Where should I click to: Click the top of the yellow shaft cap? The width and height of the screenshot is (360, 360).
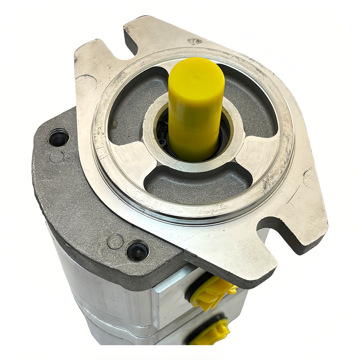click(196, 75)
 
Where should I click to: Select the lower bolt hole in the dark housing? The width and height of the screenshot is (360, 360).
click(137, 250)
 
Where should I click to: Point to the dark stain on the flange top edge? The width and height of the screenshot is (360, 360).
click(194, 42)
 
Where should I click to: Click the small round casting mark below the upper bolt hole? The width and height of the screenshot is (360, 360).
click(57, 156)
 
